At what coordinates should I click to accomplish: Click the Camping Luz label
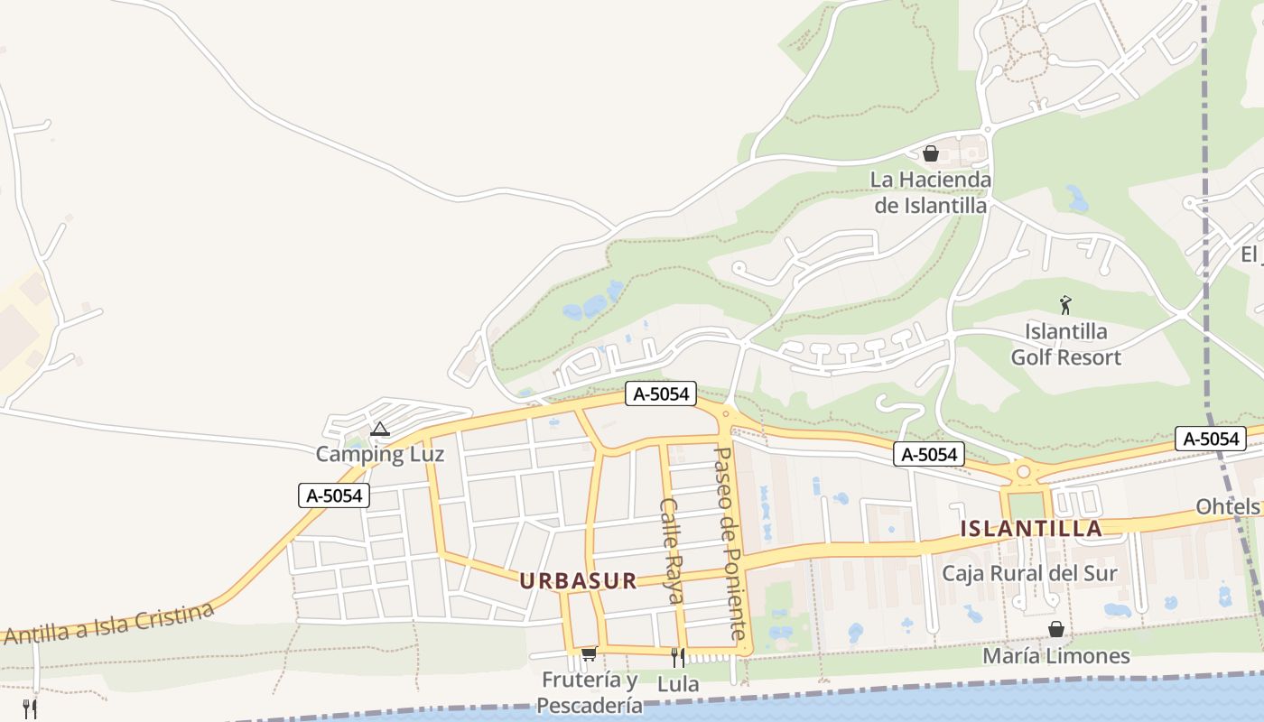click(x=379, y=454)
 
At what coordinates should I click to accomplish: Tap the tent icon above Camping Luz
click(x=379, y=429)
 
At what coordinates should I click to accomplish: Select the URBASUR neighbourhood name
click(x=578, y=580)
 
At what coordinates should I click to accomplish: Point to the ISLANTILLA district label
click(x=1031, y=529)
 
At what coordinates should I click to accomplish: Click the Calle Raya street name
click(x=672, y=551)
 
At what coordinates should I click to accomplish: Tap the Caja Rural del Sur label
click(x=1029, y=573)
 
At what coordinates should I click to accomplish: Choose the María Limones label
click(x=1055, y=656)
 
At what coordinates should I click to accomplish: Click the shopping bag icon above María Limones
click(x=1055, y=629)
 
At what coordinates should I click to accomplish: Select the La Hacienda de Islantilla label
click(x=931, y=192)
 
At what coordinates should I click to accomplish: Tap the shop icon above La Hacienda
click(x=931, y=153)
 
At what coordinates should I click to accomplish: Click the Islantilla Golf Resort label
click(x=1065, y=344)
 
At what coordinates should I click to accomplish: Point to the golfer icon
click(x=1065, y=305)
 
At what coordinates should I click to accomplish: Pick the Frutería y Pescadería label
click(x=590, y=692)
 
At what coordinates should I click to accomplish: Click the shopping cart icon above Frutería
click(x=589, y=653)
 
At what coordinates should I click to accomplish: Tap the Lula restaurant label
click(x=677, y=684)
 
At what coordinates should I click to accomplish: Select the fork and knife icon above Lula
click(x=677, y=657)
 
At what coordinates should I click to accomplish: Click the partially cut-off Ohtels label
click(x=1228, y=507)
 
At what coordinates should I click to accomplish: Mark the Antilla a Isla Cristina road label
click(x=108, y=625)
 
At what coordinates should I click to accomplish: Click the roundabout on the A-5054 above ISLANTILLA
click(x=1023, y=470)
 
